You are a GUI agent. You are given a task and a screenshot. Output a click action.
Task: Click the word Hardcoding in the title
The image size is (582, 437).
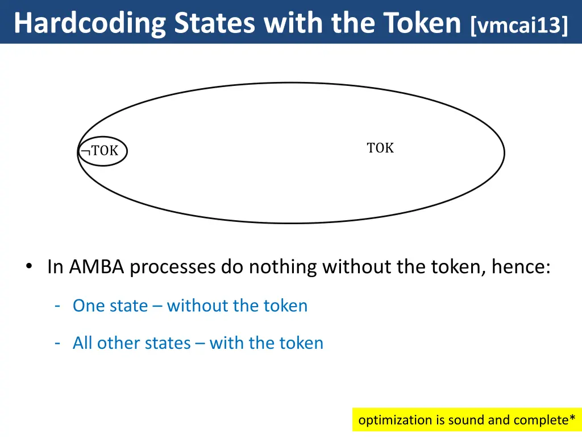coord(90,23)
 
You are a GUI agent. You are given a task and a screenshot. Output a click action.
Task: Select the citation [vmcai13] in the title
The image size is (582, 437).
coord(519,24)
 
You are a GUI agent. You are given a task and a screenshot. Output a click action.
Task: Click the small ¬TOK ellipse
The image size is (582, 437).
coord(102,151)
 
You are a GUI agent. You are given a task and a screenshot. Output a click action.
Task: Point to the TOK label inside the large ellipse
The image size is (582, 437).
coord(380,148)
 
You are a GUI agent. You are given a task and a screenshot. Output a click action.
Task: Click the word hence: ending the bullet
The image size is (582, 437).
coord(521,266)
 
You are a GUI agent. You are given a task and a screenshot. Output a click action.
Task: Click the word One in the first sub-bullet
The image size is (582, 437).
coord(89,306)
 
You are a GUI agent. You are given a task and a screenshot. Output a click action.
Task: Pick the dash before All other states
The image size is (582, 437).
coord(58,343)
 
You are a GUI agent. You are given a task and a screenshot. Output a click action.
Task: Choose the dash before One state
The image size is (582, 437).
coord(58,306)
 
